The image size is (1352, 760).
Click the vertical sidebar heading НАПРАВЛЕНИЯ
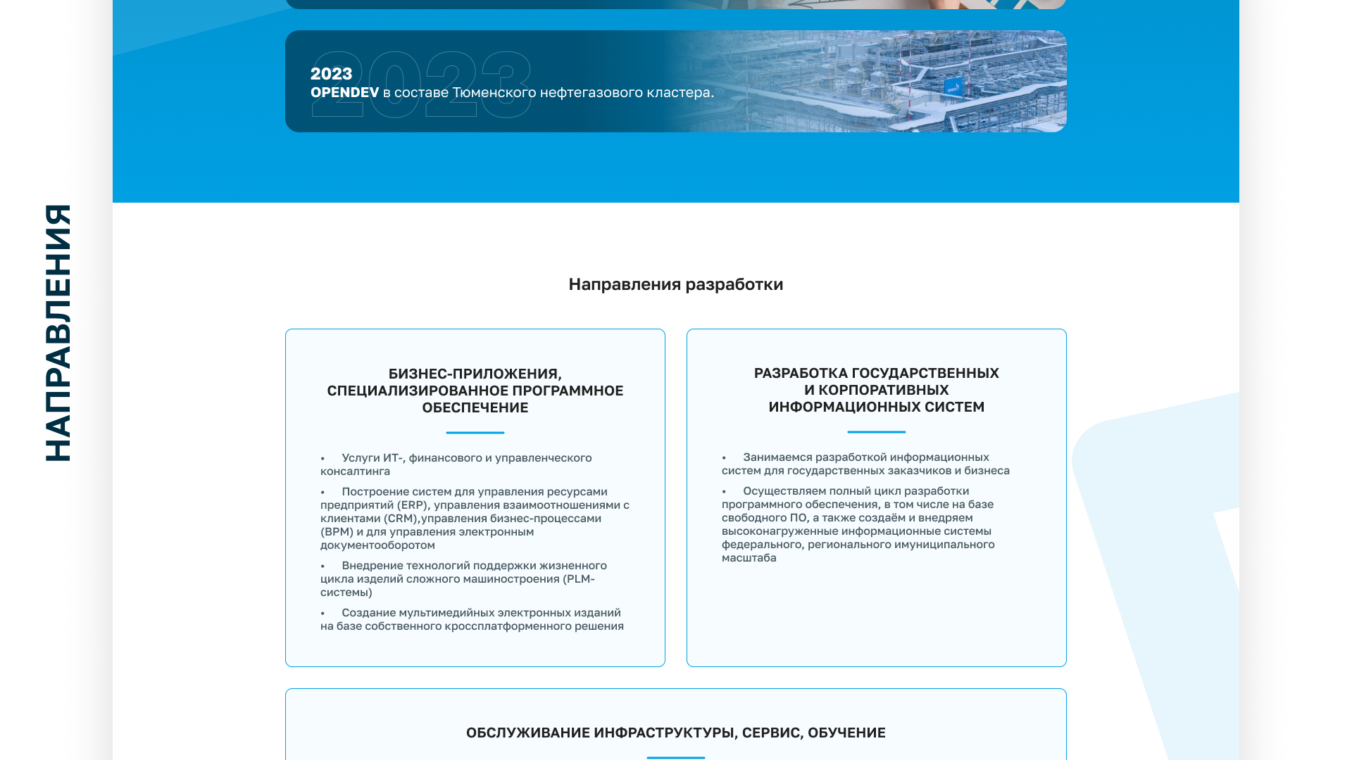(x=58, y=333)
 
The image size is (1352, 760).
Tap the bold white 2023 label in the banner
(x=331, y=74)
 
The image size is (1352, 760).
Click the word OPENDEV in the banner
(x=344, y=93)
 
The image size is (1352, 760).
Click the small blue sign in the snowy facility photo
(x=952, y=87)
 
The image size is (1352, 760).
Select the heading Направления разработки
(x=675, y=284)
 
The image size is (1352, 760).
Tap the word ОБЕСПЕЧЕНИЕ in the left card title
(x=475, y=408)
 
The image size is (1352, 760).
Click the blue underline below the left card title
(x=475, y=432)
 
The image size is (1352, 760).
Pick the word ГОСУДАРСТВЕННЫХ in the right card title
(x=925, y=374)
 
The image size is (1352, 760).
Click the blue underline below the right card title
(x=876, y=431)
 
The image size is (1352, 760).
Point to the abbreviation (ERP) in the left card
(x=412, y=505)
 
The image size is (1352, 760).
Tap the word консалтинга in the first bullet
(x=355, y=471)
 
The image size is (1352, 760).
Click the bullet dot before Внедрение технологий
(x=323, y=566)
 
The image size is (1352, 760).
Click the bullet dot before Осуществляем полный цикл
(x=724, y=492)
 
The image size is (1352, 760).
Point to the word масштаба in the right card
(x=749, y=558)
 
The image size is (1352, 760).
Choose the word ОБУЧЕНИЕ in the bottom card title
(x=846, y=733)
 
